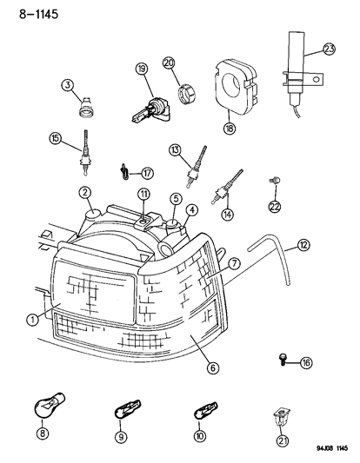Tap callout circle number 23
click(328, 50)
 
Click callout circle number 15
click(56, 138)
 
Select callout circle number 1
click(32, 319)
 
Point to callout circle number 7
click(233, 262)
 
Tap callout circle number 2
click(85, 192)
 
